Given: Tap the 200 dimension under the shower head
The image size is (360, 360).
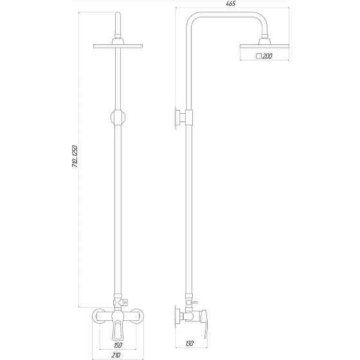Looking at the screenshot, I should point(267,57).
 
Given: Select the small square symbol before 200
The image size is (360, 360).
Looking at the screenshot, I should point(258,57).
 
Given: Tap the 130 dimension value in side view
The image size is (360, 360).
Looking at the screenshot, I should point(190,344).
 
